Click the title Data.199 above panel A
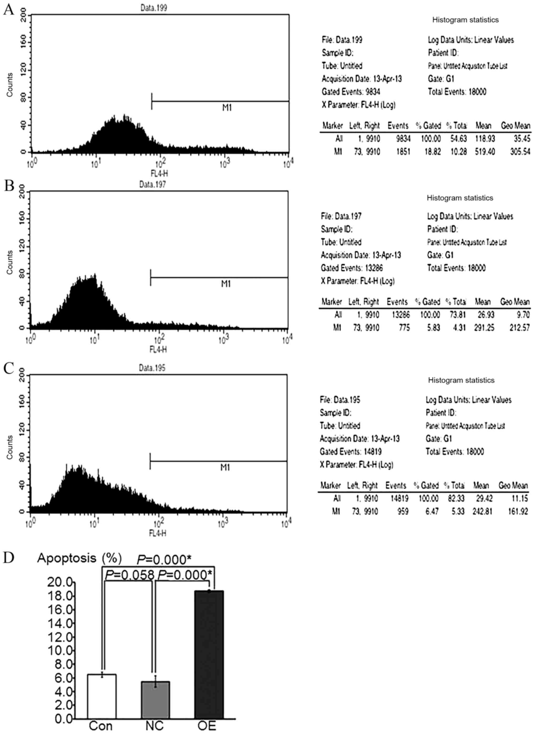click(x=154, y=7)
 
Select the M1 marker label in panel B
click(x=226, y=284)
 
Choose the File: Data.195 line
click(x=340, y=400)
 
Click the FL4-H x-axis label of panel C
click(x=158, y=533)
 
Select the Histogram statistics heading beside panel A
click(x=465, y=20)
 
